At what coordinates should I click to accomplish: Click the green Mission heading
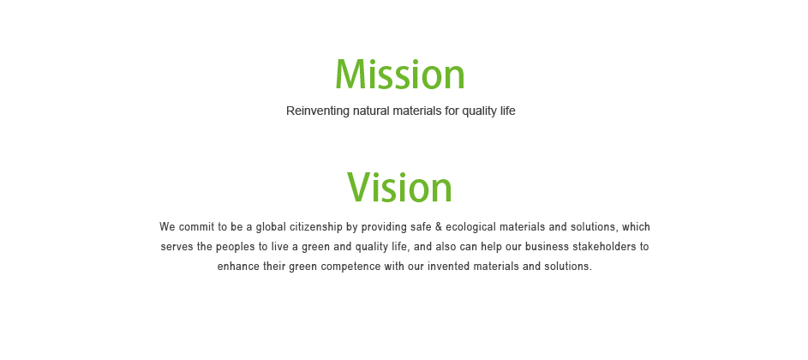(x=400, y=75)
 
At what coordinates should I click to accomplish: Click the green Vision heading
(x=399, y=187)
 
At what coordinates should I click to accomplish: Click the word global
(x=271, y=227)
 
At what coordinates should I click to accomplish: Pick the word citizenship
(x=316, y=227)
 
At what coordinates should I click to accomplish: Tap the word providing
(x=383, y=227)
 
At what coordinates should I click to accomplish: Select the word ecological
(x=470, y=227)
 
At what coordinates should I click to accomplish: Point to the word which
(x=636, y=227)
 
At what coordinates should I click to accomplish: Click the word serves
(x=177, y=247)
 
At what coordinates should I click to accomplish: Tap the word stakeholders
(x=602, y=247)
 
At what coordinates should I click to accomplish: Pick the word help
(x=490, y=247)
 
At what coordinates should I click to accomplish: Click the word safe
(x=421, y=227)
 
